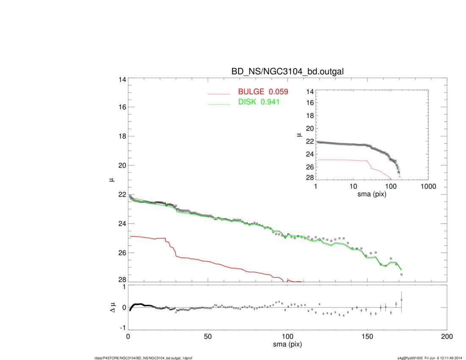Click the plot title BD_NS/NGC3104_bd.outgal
[287, 72]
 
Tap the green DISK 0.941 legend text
[259, 102]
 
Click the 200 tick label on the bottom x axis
[447, 337]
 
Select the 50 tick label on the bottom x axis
[208, 337]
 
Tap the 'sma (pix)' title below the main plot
[287, 345]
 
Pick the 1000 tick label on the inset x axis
[428, 186]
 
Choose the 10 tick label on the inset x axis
[353, 186]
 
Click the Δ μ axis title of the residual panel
[113, 307]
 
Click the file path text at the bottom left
[144, 358]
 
